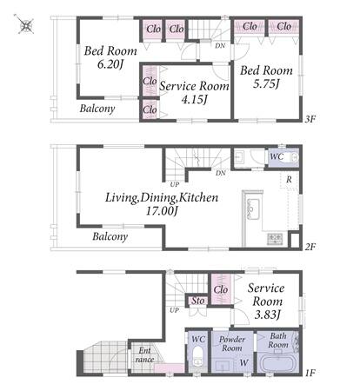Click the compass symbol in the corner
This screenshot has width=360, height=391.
pyautogui.click(x=25, y=25)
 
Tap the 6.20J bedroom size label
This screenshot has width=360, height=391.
pyautogui.click(x=110, y=64)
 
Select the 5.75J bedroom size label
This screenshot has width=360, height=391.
pyautogui.click(x=266, y=84)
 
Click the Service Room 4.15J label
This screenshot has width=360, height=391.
pyautogui.click(x=194, y=93)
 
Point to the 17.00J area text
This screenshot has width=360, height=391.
pyautogui.click(x=162, y=211)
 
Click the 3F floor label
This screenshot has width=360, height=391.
pyautogui.click(x=310, y=119)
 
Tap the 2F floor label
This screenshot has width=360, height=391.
pyautogui.click(x=310, y=247)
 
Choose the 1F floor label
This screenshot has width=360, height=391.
pyautogui.click(x=310, y=373)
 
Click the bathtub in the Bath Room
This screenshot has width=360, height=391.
pyautogui.click(x=277, y=365)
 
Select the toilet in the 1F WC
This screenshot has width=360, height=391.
pyautogui.click(x=198, y=356)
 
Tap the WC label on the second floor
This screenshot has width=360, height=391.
pyautogui.click(x=277, y=156)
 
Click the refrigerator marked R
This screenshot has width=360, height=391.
pyautogui.click(x=289, y=181)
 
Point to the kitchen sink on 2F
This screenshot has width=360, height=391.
pyautogui.click(x=252, y=207)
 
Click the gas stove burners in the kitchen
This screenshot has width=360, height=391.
pyautogui.click(x=275, y=238)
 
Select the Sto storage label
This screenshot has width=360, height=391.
pyautogui.click(x=198, y=301)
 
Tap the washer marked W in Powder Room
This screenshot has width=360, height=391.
pyautogui.click(x=243, y=362)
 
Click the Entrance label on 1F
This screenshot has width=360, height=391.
pyautogui.click(x=144, y=355)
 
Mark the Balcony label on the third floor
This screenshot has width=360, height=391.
pyautogui.click(x=97, y=109)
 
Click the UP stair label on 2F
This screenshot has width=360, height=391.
pyautogui.click(x=175, y=184)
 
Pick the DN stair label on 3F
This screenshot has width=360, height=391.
pyautogui.click(x=220, y=46)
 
